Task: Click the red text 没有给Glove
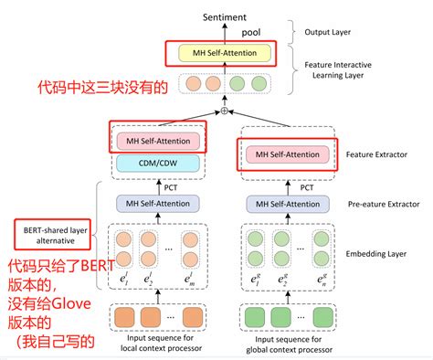[51, 304]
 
